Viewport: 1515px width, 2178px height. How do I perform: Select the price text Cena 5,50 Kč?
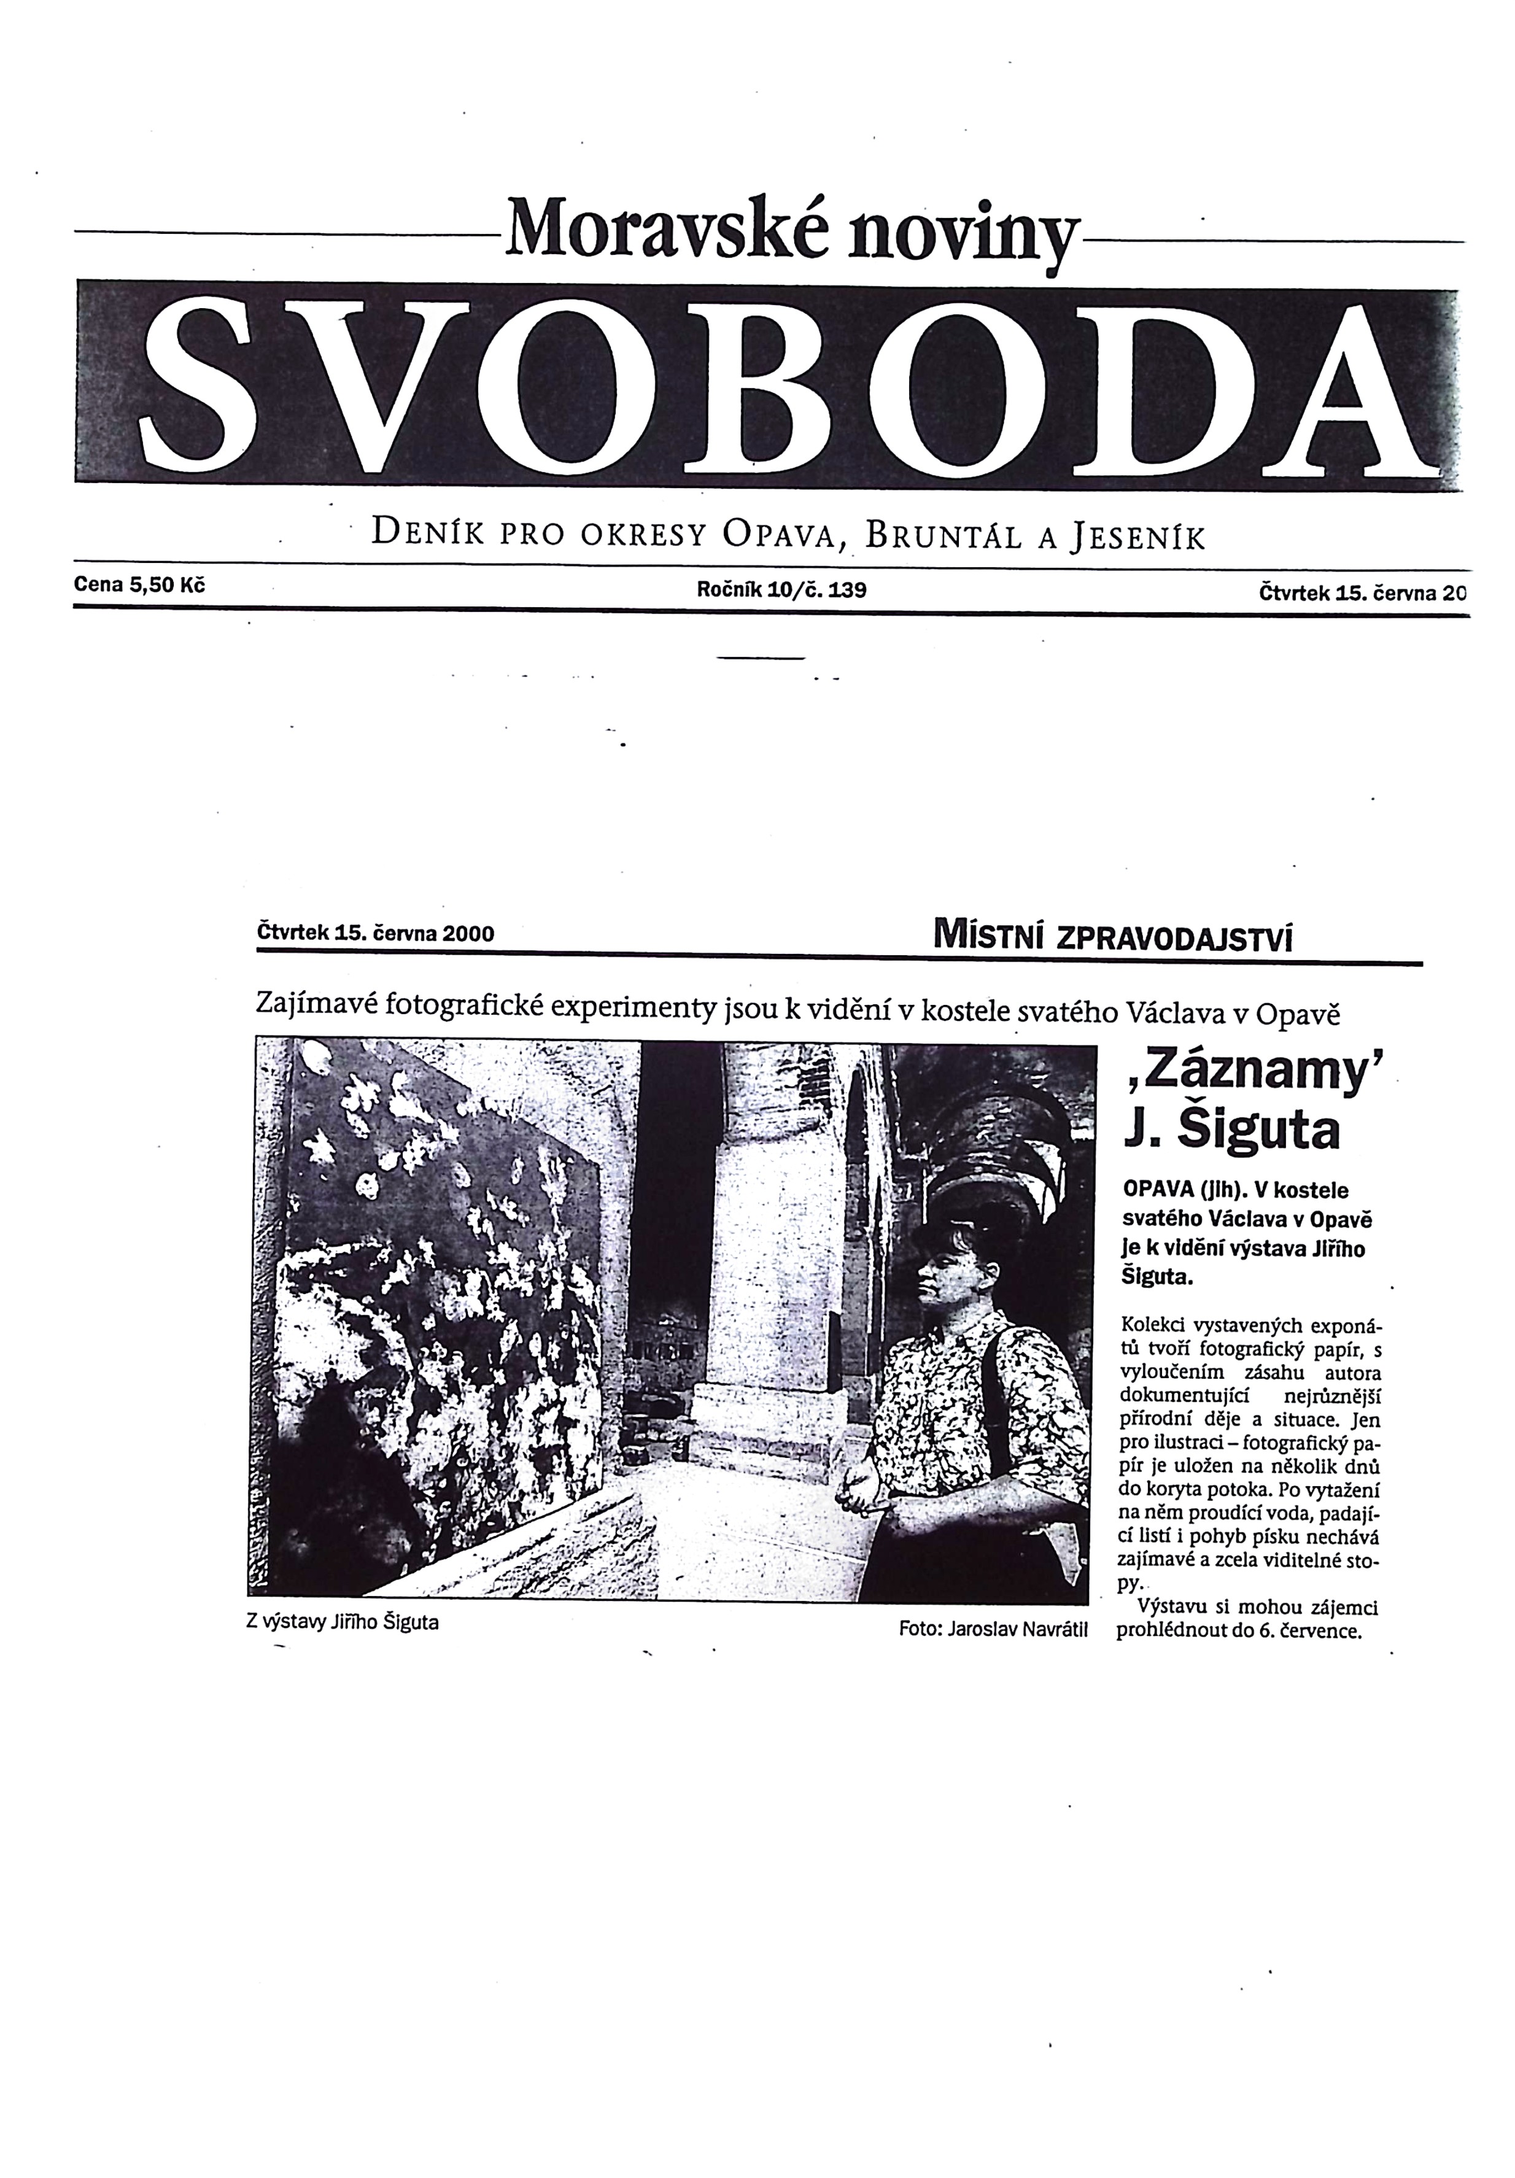[139, 585]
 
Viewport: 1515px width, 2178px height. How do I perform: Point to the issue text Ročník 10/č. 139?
[781, 590]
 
